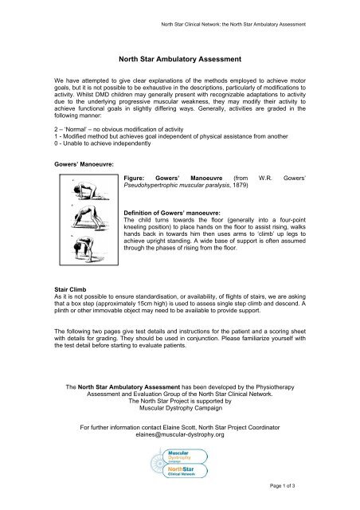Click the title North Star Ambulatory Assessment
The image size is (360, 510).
[x=179, y=58]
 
